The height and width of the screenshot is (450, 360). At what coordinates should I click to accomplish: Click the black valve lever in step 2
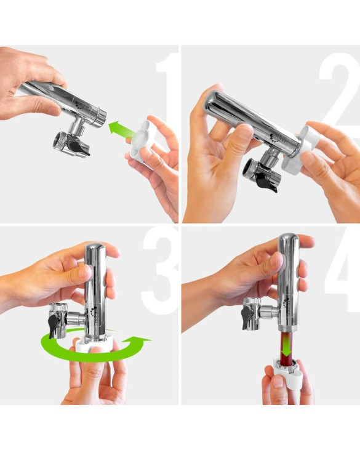tap(266, 182)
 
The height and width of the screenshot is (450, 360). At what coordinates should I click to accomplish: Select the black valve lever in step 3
tap(54, 325)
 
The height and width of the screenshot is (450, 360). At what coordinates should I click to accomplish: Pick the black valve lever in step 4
tap(247, 317)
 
